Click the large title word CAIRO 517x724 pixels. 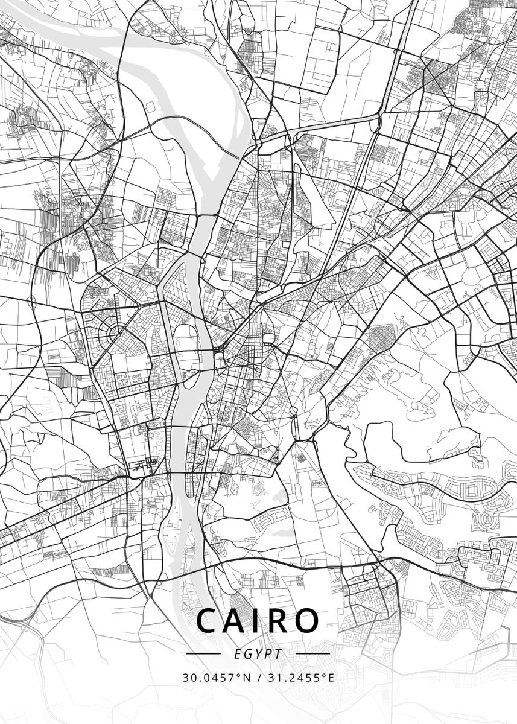tap(258, 620)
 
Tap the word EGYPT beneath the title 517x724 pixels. tap(258, 654)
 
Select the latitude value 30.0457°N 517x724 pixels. tap(216, 678)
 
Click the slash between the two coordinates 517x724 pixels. tap(259, 678)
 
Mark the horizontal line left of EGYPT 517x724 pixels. tap(203, 653)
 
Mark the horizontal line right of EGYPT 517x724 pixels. tap(314, 653)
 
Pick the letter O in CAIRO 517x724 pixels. tap(305, 620)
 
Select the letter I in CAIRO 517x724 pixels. tap(256, 620)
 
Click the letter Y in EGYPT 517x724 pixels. tap(258, 654)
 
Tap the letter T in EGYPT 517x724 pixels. tap(278, 654)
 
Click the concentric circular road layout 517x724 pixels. tap(116, 331)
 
